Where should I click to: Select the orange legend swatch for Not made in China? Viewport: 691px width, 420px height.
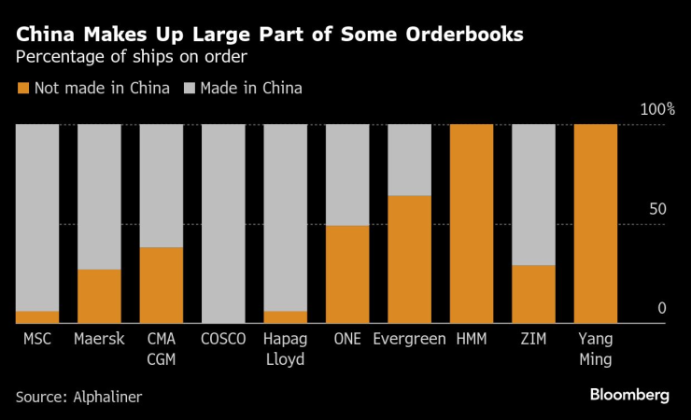(22, 89)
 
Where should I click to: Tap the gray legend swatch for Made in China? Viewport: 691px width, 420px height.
(189, 89)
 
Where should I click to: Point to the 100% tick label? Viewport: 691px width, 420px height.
(657, 110)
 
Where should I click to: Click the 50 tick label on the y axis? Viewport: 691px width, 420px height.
(657, 210)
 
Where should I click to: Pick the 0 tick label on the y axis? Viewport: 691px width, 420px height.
(662, 309)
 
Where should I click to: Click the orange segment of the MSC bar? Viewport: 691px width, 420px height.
(37, 317)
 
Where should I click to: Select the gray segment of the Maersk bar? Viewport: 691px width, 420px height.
(99, 196)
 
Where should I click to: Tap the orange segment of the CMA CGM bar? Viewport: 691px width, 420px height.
(162, 285)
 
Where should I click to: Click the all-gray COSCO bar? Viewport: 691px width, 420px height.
(223, 224)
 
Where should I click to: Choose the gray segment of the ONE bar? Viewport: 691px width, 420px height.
(347, 175)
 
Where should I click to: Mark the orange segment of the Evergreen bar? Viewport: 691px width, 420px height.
(409, 259)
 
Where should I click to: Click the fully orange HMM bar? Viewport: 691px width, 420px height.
(472, 224)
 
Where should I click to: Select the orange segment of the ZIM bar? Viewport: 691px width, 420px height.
(533, 294)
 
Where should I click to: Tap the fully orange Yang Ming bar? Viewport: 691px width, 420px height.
(596, 224)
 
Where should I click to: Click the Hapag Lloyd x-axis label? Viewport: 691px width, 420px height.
(286, 349)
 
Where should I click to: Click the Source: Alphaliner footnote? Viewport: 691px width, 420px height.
(78, 396)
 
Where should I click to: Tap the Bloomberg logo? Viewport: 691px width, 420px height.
(628, 395)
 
